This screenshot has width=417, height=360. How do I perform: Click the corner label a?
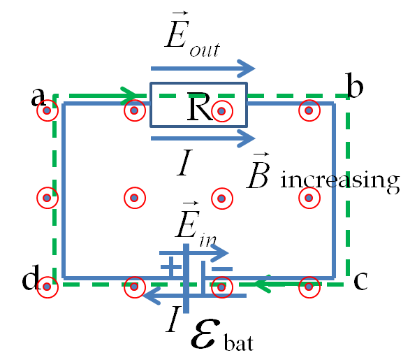(x=38, y=96)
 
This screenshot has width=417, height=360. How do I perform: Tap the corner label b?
(x=355, y=85)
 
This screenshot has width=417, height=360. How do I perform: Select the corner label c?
(x=360, y=281)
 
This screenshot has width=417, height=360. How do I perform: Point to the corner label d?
(x=31, y=277)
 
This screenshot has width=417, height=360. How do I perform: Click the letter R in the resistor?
(x=200, y=106)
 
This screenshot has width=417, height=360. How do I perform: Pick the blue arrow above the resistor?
(x=203, y=69)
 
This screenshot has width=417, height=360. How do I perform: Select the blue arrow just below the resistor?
(x=203, y=138)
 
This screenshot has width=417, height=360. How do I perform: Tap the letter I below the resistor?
(x=185, y=162)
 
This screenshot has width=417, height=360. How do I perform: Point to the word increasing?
(x=340, y=180)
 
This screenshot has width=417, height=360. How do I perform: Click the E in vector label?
(x=196, y=224)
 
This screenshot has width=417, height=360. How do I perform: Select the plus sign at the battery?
(x=170, y=266)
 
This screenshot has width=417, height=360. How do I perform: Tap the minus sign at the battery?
(x=222, y=269)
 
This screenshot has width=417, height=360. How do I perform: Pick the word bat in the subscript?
(x=239, y=342)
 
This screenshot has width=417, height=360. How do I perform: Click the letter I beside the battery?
(x=173, y=319)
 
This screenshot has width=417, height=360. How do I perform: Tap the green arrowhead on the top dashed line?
(x=129, y=96)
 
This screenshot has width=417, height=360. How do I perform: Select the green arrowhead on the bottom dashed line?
(x=263, y=284)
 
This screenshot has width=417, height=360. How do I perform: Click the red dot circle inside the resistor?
(x=222, y=110)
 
